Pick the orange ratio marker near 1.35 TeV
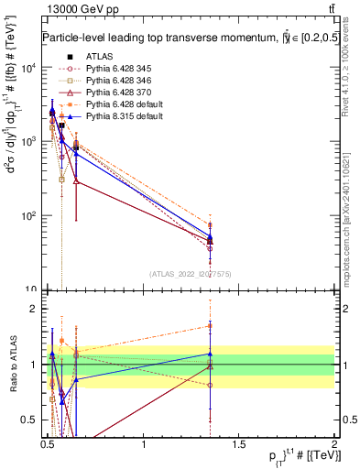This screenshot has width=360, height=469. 210,326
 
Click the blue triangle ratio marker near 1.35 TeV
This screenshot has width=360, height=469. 210,354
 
